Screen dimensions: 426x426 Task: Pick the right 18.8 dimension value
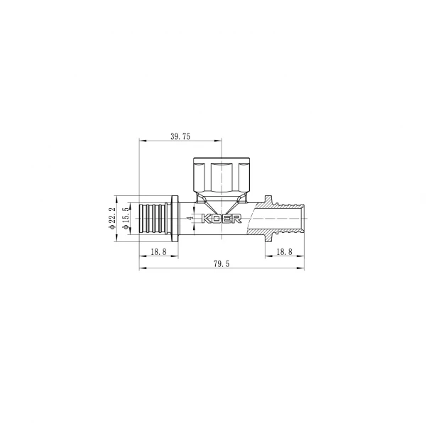(x=283, y=251)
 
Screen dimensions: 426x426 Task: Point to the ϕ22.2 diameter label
(x=112, y=218)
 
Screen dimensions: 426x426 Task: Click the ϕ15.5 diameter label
(x=125, y=218)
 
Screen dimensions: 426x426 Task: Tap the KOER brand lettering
(x=222, y=219)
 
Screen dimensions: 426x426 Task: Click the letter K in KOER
(x=207, y=219)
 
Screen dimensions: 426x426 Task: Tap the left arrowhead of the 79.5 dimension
(x=141, y=268)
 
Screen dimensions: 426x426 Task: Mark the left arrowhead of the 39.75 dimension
(x=141, y=141)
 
